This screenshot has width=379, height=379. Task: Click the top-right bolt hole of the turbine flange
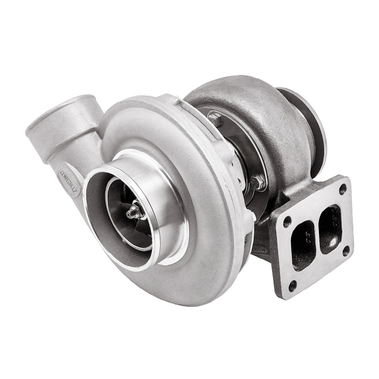coord(343,188)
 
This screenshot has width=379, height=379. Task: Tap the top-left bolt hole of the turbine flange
coord(287,220)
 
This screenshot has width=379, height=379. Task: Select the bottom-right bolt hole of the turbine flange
coord(345,250)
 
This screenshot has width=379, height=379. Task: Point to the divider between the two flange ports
coord(317,237)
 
